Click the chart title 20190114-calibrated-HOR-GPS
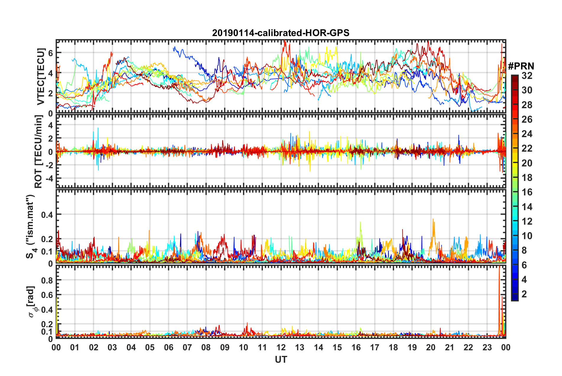281,33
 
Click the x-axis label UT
281,359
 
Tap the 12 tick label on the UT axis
281,347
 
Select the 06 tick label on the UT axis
168,347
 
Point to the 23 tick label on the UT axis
487,347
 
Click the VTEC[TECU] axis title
40,77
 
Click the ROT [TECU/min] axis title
38,152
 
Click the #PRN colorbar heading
521,66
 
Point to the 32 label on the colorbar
527,76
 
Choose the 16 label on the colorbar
527,192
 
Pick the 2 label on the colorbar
524,294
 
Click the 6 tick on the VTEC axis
51,53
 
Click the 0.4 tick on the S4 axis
47,215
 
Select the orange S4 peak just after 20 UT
433,220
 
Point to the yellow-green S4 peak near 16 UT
360,223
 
